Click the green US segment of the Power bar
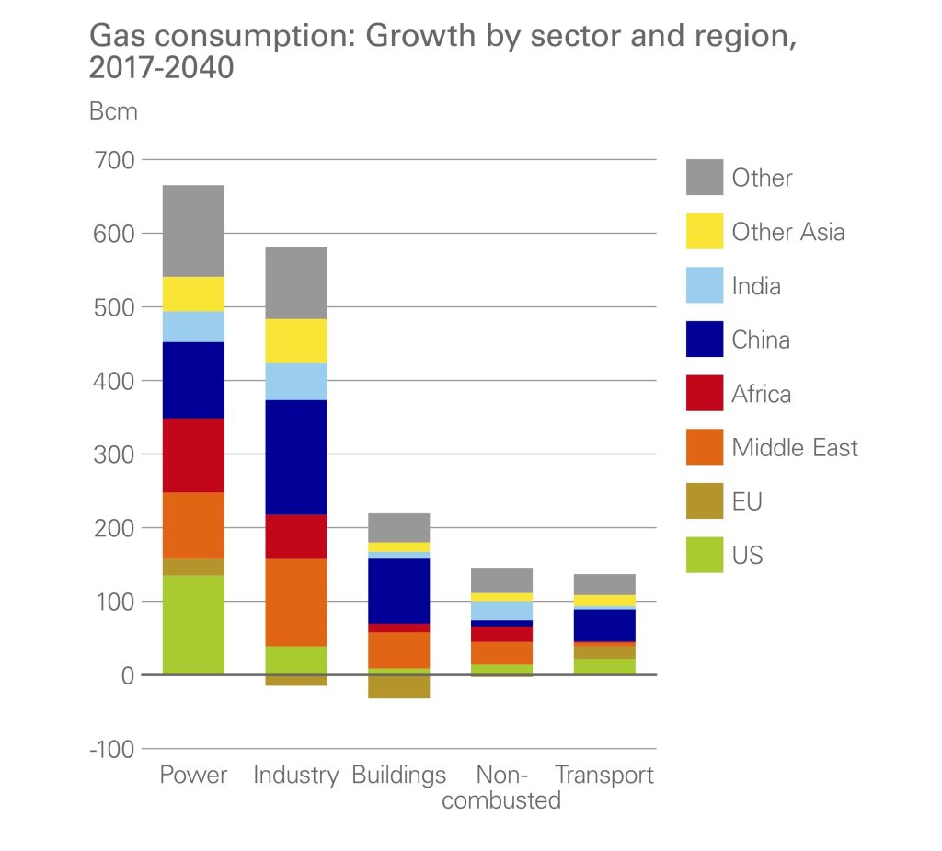pos(193,625)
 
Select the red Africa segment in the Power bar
pos(193,455)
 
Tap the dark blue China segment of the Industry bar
pos(296,456)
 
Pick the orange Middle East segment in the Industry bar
pos(296,602)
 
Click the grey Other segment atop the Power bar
pos(193,231)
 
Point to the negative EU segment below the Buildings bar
pos(399,686)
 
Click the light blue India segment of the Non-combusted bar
pos(502,610)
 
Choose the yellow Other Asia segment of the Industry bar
pos(296,340)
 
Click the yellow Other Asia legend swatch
pos(704,232)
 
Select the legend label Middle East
pos(795,448)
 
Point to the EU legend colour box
pos(704,501)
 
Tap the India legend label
pos(756,286)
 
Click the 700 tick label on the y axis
pos(113,160)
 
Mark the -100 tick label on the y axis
pos(110,749)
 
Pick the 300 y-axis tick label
pos(113,454)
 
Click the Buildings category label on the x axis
pos(398,775)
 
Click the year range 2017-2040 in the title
pos(162,69)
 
